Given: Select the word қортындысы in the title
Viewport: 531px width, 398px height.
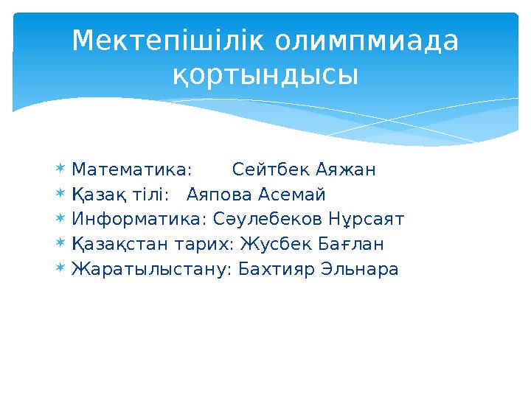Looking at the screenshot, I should pos(265,74).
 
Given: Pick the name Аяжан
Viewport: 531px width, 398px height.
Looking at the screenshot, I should pos(346,170).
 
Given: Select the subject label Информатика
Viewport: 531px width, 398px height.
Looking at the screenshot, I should pos(139,220).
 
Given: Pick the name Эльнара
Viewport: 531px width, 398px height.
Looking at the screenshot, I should pos(360,269).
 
